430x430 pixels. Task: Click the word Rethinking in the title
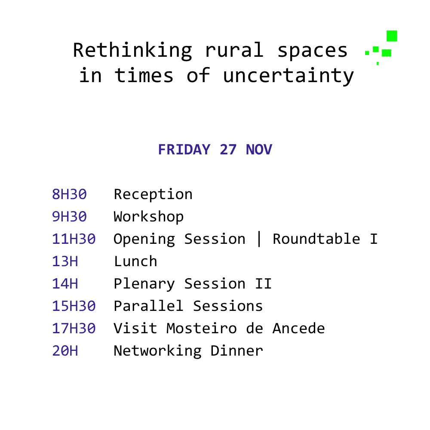click(133, 50)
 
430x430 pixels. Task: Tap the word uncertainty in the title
click(289, 76)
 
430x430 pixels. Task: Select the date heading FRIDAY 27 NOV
click(215, 150)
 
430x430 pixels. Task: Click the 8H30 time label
click(69, 194)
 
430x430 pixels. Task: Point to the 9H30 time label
click(69, 217)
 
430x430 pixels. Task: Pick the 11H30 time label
click(74, 239)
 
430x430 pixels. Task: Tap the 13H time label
click(65, 261)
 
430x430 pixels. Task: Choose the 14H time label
click(65, 284)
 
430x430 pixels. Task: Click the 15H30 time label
click(74, 306)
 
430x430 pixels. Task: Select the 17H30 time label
click(74, 329)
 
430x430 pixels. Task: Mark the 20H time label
click(65, 351)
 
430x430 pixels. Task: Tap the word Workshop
click(149, 217)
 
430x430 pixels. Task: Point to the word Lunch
click(135, 261)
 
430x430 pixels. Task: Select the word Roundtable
click(316, 239)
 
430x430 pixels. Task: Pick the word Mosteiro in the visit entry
click(202, 328)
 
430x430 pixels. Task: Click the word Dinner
click(236, 351)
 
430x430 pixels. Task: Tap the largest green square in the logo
click(392, 36)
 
